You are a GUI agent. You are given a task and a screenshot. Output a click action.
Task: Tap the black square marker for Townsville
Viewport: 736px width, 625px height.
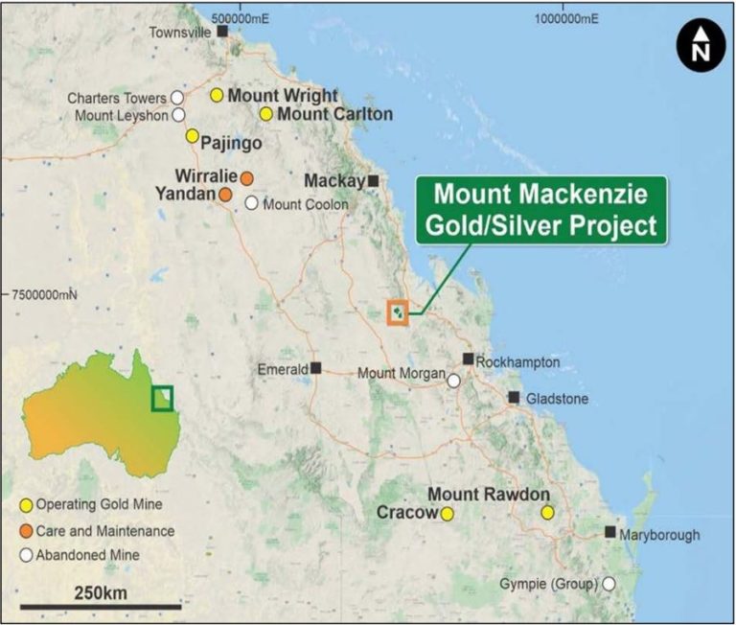[222, 32]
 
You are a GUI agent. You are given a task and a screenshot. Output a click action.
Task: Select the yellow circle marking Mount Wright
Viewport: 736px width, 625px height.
[218, 95]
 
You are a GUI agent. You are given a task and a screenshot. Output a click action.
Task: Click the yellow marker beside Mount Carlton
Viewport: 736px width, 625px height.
[266, 114]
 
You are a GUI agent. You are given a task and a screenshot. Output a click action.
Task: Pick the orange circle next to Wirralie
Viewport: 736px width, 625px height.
[246, 177]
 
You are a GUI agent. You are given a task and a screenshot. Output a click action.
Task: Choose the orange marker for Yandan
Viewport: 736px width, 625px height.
[224, 195]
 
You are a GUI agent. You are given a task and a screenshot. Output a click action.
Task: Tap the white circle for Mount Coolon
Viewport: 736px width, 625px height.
[251, 203]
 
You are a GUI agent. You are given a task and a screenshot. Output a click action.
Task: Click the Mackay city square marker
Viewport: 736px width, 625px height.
[373, 180]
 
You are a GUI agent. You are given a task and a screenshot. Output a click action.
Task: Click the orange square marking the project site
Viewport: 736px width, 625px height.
[398, 312]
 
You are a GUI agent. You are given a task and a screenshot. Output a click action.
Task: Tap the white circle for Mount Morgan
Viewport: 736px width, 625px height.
[453, 381]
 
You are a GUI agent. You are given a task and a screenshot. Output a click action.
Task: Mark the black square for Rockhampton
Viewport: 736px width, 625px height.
[468, 359]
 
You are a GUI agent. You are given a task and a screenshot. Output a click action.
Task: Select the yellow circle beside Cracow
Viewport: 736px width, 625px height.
[447, 514]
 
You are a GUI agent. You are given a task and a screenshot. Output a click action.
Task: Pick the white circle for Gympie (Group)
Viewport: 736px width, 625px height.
[609, 583]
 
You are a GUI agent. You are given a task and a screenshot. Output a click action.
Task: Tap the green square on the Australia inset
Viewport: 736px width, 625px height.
[162, 397]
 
